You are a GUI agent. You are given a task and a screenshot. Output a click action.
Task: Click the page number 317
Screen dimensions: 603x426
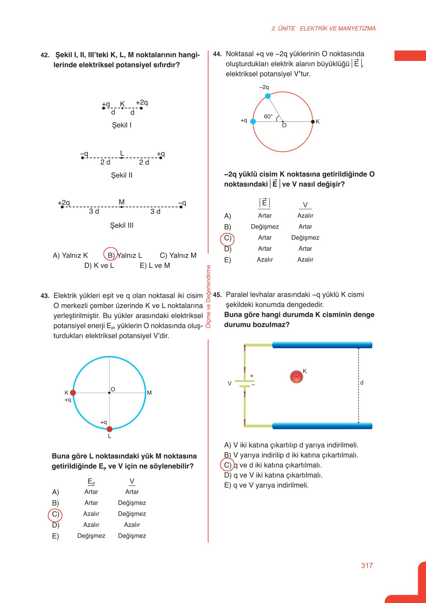pyautogui.click(x=367, y=565)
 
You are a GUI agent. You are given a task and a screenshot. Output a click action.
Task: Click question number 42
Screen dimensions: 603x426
pyautogui.click(x=45, y=55)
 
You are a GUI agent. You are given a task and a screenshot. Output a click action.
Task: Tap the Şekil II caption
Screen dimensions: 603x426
pyautogui.click(x=122, y=175)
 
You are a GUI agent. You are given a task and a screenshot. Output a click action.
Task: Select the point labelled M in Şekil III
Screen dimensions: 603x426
pyautogui.click(x=122, y=207)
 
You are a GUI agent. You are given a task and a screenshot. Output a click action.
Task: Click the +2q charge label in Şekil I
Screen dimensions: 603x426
pyautogui.click(x=142, y=102)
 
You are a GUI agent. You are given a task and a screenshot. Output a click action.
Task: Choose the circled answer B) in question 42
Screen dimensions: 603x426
pyautogui.click(x=111, y=255)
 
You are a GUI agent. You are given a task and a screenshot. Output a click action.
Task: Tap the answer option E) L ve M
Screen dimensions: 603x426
pyautogui.click(x=155, y=265)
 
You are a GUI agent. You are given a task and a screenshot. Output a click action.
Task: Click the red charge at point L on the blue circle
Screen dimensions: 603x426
pyautogui.click(x=110, y=429)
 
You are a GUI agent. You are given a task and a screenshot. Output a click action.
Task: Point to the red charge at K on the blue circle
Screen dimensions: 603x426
pyautogui.click(x=73, y=393)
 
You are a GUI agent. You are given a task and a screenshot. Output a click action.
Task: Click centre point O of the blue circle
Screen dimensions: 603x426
pyautogui.click(x=109, y=393)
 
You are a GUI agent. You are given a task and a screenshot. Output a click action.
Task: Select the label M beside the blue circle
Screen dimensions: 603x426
pyautogui.click(x=149, y=393)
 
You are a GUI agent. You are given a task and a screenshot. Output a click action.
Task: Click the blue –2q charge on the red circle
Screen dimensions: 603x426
pyautogui.click(x=268, y=96)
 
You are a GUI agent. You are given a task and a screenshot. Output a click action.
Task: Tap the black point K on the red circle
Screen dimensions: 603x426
pyautogui.click(x=313, y=121)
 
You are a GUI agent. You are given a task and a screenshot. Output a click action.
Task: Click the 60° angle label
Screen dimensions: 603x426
pyautogui.click(x=268, y=116)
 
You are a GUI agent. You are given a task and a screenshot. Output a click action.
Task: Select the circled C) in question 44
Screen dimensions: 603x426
pyautogui.click(x=227, y=238)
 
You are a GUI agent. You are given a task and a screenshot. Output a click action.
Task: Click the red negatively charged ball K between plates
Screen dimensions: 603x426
pyautogui.click(x=296, y=377)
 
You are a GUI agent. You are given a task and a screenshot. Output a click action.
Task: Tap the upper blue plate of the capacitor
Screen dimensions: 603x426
pyautogui.click(x=322, y=345)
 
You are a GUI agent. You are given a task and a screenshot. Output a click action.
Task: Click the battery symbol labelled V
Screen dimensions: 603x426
pyautogui.click(x=245, y=383)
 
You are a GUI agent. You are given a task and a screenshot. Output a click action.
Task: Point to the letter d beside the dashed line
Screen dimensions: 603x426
pyautogui.click(x=362, y=383)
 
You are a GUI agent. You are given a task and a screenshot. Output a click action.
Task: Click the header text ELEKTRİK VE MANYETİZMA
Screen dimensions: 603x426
pyautogui.click(x=338, y=28)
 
